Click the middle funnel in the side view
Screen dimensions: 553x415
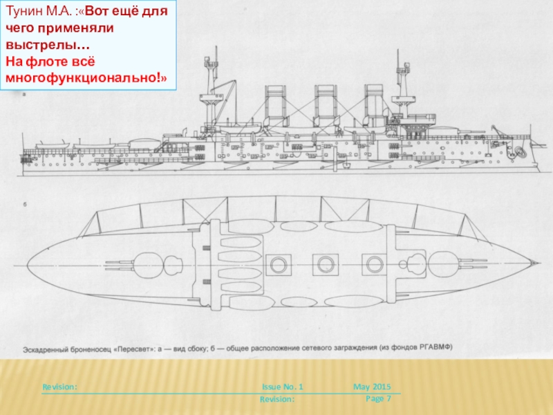(325, 104)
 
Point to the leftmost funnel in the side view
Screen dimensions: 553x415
(276, 104)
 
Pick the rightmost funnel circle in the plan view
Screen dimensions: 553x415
(375, 264)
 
